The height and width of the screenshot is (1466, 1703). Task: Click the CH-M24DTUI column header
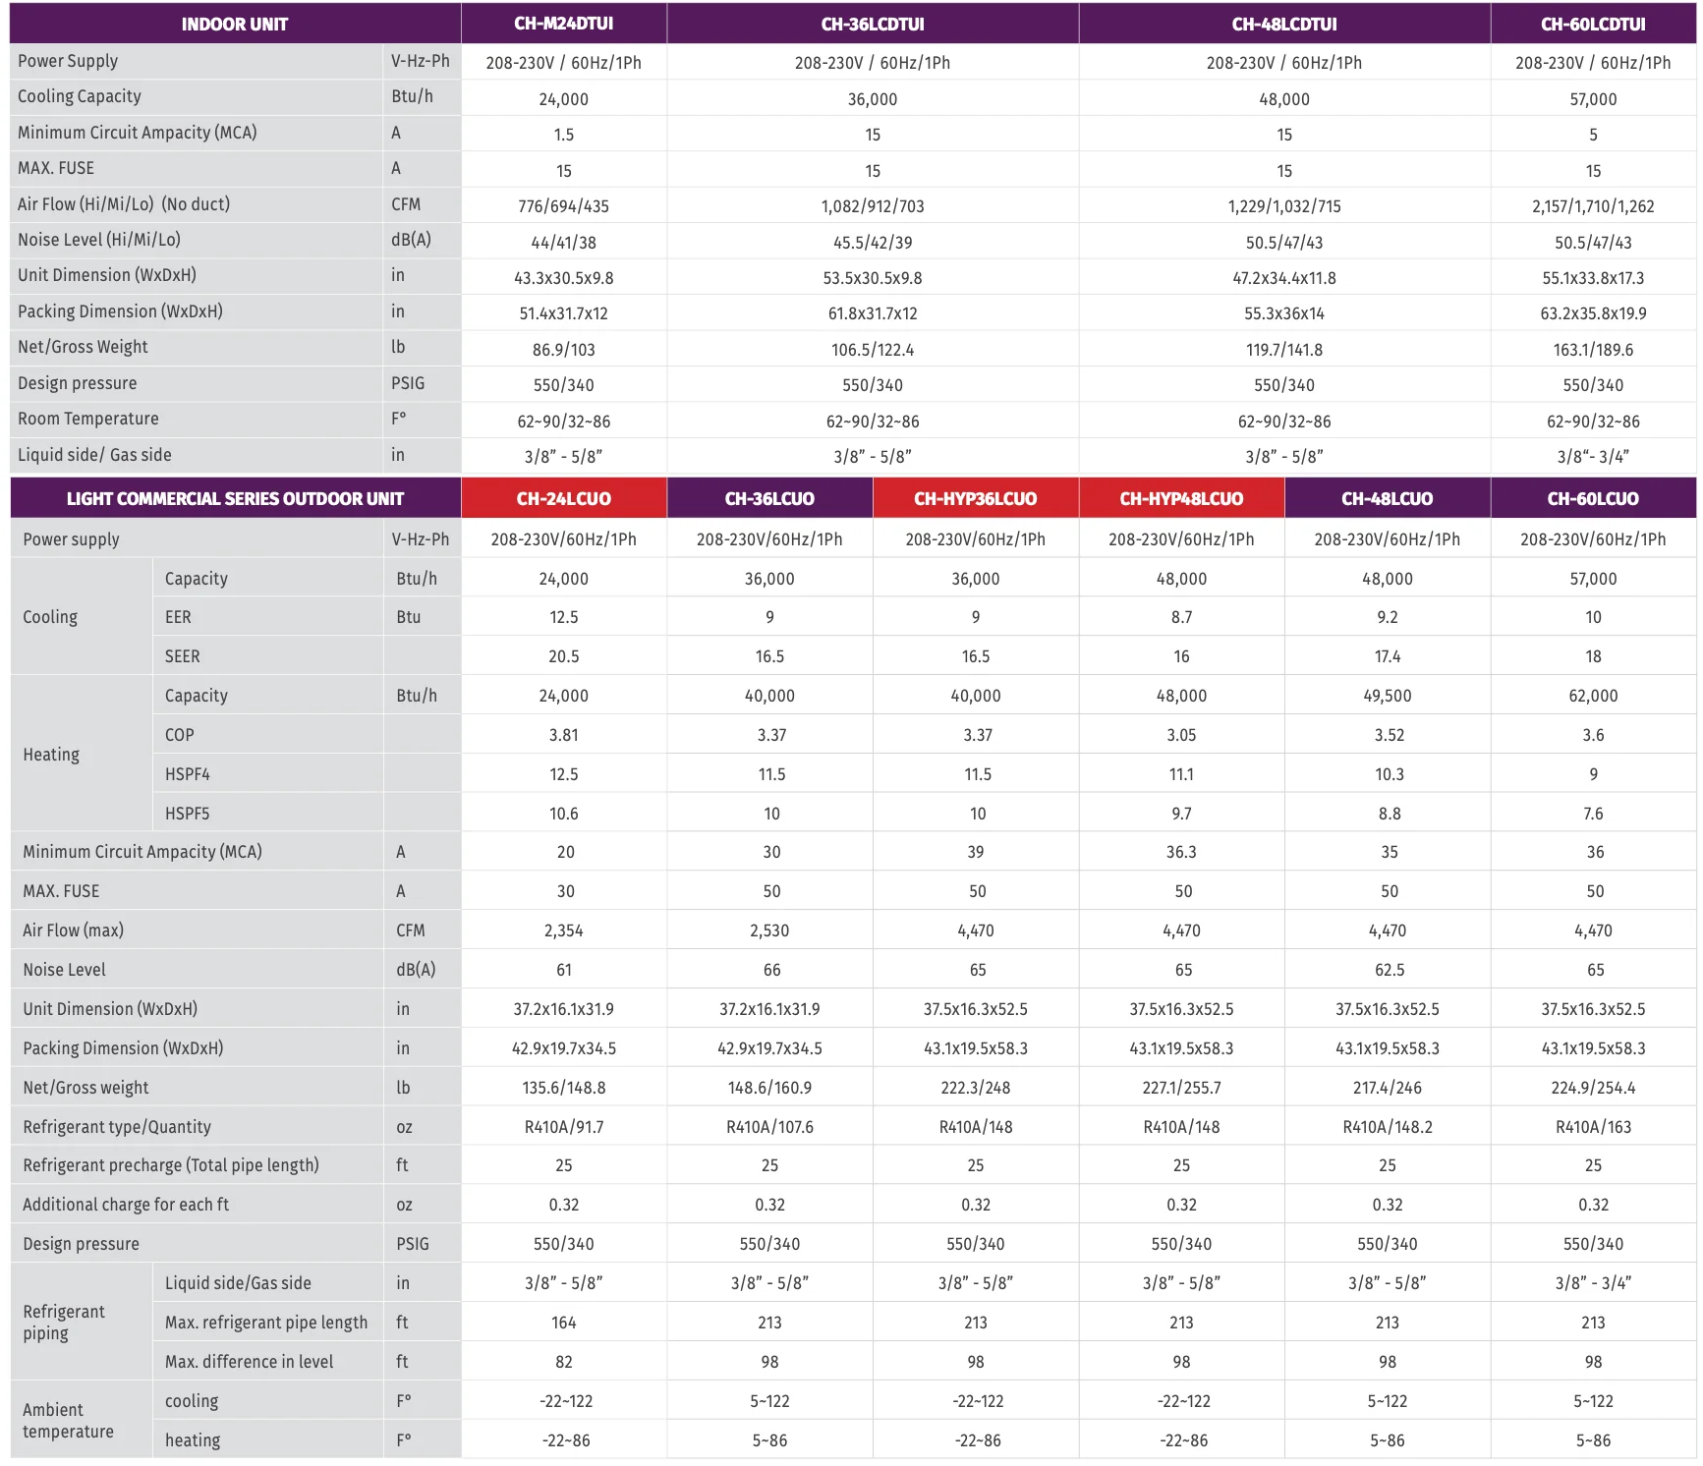tap(563, 24)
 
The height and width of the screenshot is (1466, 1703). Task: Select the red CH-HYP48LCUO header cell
tap(1181, 498)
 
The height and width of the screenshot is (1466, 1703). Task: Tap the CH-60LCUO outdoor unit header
tap(1592, 498)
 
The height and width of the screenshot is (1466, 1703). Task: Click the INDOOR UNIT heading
tap(234, 24)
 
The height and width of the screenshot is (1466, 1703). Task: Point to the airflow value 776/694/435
tap(563, 206)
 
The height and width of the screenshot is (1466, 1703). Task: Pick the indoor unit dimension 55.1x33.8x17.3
tap(1592, 278)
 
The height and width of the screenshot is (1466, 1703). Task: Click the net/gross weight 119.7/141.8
tap(1283, 350)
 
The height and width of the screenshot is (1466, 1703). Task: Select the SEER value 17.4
tap(1387, 656)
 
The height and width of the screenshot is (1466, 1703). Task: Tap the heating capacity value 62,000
tap(1592, 696)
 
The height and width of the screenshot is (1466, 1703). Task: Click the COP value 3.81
tap(563, 735)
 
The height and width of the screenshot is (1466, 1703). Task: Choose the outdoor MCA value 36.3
tap(1181, 852)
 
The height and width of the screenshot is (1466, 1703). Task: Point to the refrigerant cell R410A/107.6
tap(769, 1127)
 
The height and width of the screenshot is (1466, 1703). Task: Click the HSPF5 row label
tap(187, 814)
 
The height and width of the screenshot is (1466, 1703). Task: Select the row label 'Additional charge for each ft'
tap(126, 1205)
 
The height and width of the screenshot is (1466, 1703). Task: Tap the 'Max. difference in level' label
tap(249, 1362)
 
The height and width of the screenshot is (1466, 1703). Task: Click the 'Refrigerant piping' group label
tap(64, 1323)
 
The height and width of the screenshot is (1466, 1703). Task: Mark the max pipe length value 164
tap(563, 1323)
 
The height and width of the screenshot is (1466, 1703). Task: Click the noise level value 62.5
tap(1389, 970)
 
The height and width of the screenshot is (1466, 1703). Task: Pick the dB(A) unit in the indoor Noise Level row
tap(411, 240)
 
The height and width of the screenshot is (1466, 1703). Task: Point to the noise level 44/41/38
tap(563, 243)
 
